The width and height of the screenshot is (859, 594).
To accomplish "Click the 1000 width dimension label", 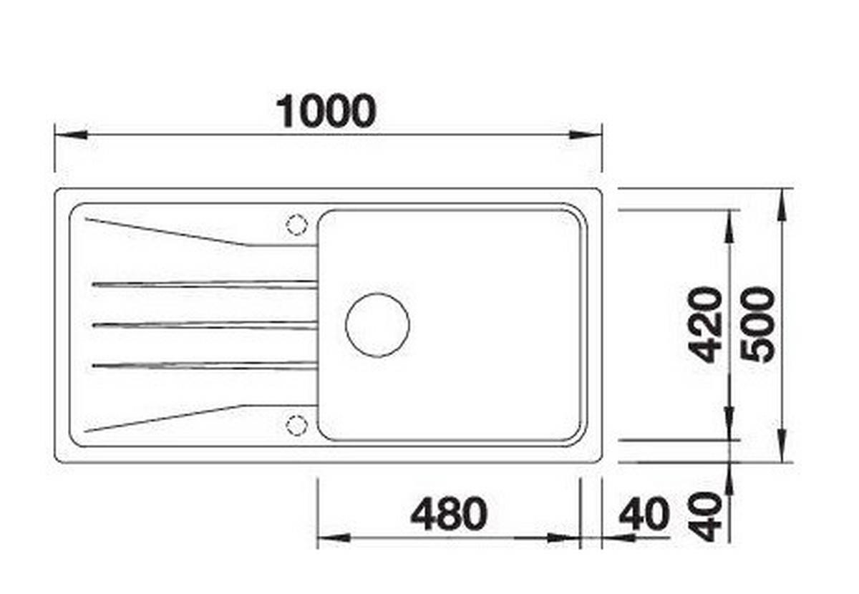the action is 326,111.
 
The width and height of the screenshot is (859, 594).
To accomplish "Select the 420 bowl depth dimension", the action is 705,324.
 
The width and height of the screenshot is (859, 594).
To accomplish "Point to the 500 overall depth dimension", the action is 757,324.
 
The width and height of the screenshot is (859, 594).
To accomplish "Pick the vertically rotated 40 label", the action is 705,517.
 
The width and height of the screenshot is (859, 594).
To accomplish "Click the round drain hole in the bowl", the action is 377,325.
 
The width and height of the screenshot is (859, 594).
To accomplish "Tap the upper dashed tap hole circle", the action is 297,224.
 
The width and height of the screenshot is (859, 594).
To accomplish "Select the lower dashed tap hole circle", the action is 297,425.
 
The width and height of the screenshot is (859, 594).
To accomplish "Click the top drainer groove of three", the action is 205,284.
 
